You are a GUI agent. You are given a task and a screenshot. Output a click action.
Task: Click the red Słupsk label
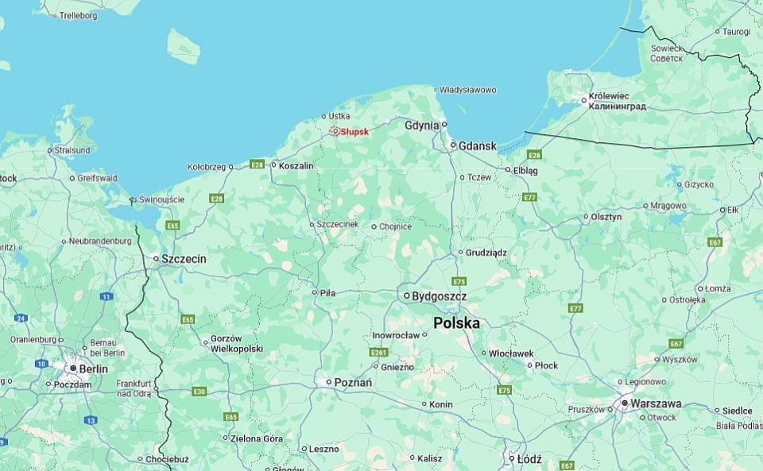point(354,132)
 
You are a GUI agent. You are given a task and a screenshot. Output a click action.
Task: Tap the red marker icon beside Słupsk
point(335,131)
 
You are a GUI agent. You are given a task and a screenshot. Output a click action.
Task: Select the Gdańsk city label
point(478,146)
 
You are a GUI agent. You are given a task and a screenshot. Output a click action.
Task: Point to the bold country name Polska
point(456,323)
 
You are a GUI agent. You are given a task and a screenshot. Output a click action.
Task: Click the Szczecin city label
point(184,259)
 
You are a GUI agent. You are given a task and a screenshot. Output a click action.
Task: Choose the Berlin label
point(93,369)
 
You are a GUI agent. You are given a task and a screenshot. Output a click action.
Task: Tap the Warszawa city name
point(656,403)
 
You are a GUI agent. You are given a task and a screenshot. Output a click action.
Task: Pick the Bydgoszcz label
point(439,296)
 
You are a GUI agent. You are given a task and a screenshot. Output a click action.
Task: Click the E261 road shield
point(379,352)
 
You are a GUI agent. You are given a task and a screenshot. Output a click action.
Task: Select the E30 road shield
point(199,392)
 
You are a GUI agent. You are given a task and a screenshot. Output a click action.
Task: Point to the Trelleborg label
point(78,15)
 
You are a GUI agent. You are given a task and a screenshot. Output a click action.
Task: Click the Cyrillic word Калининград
point(618,106)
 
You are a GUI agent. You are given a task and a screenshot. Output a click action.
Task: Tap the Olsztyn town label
point(606,217)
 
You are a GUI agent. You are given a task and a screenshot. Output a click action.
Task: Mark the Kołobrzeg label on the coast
point(206,167)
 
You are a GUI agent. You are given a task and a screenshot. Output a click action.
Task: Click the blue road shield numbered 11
point(106,296)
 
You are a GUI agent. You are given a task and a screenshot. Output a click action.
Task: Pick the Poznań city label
point(353,382)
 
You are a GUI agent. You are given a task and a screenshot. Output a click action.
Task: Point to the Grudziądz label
point(486,253)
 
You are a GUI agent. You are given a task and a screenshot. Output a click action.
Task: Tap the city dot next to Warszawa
point(626,403)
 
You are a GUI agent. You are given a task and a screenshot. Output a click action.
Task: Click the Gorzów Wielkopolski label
point(236,343)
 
